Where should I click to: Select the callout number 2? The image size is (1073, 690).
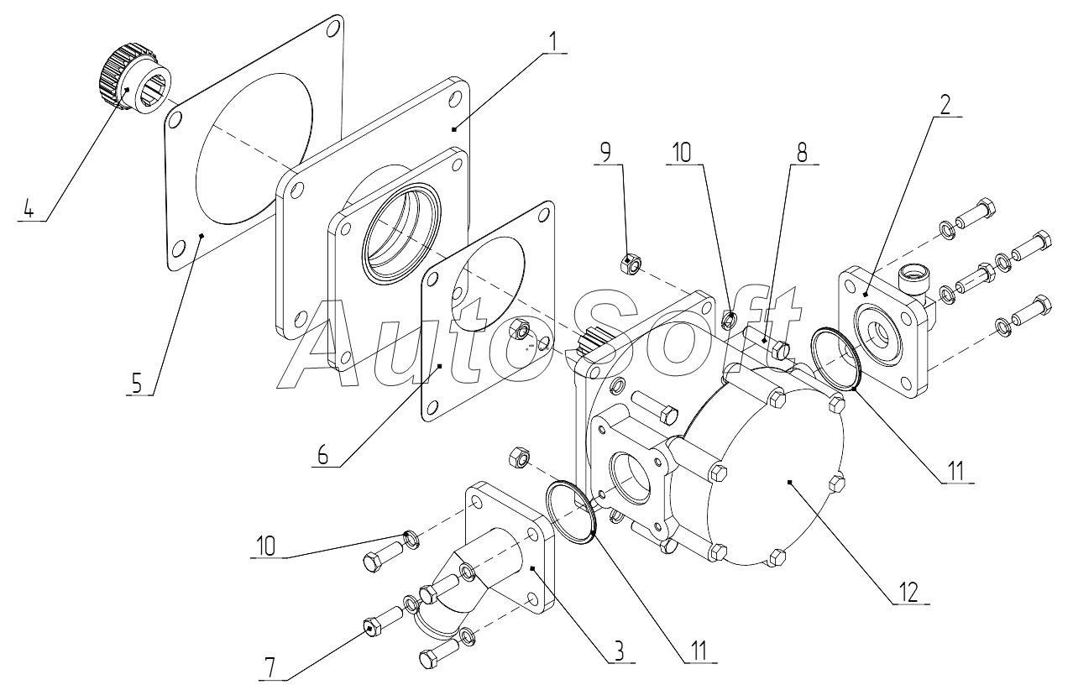pyautogui.click(x=945, y=103)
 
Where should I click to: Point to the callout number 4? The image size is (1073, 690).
pyautogui.click(x=29, y=208)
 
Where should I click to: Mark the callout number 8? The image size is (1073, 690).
pyautogui.click(x=801, y=152)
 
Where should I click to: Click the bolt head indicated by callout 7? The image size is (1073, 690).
pyautogui.click(x=370, y=626)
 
